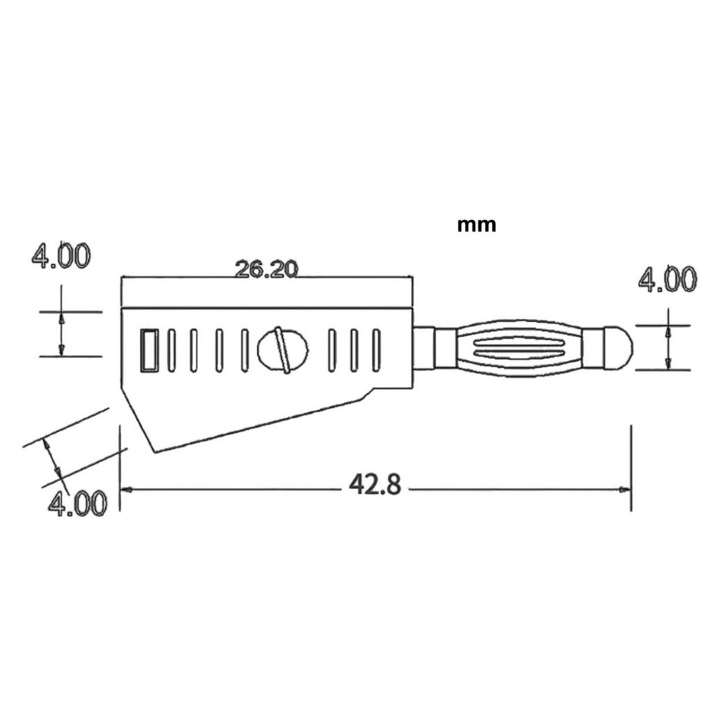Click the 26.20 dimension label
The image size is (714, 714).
coord(266,269)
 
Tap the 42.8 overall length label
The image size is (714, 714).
coord(374,485)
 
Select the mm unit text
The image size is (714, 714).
coord(476,225)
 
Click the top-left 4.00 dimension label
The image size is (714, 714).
coord(61,256)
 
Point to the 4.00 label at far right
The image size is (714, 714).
coord(667,279)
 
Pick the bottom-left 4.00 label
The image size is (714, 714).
coord(78,503)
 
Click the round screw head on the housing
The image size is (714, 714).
coord(282,350)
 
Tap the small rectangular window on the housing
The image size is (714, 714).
coord(149,351)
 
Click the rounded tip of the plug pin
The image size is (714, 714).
coord(618,347)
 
